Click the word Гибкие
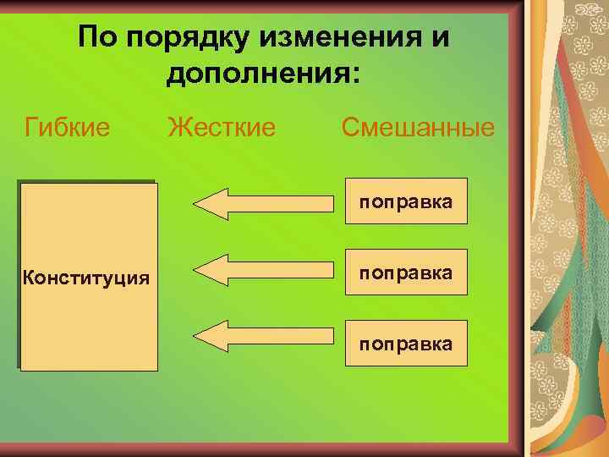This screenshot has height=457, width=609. tap(68, 128)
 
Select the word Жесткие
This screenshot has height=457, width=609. tap(222, 128)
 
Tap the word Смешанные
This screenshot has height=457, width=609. tap(417, 128)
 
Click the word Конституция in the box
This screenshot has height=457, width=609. tap(87, 277)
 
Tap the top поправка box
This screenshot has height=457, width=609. tap(405, 201)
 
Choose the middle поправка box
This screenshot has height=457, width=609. tap(405, 272)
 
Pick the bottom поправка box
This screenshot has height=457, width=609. tap(405, 343)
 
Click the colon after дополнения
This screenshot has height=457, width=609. tap(354, 74)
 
